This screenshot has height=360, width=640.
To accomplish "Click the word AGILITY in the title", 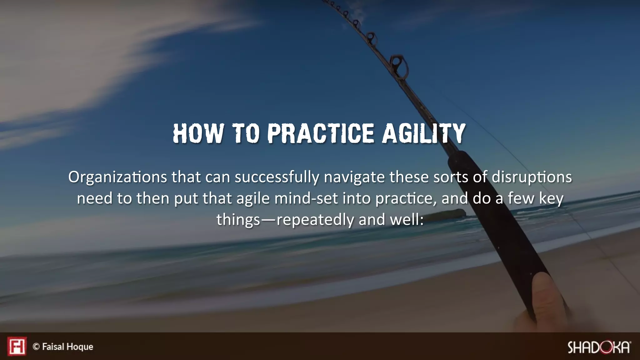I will point(424,133).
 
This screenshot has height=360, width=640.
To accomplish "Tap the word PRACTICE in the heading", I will point(321,133).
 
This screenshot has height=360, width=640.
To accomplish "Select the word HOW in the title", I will point(198,133).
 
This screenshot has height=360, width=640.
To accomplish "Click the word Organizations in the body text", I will point(117,177).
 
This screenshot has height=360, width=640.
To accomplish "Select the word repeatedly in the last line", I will point(315,220).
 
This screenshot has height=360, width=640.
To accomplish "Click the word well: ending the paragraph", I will point(407,220).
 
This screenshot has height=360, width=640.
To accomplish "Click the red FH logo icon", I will point(17,346).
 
